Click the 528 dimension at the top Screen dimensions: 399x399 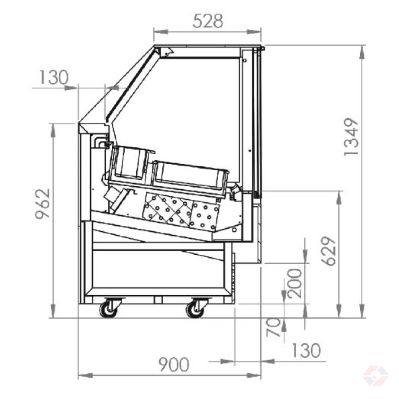pyautogui.click(x=208, y=21)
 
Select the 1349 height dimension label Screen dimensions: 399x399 pyautogui.click(x=351, y=137)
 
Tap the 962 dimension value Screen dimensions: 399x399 pyautogui.click(x=43, y=204)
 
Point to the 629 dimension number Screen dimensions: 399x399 pyautogui.click(x=329, y=251)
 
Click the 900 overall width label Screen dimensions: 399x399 pyautogui.click(x=174, y=364)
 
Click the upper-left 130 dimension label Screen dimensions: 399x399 pyautogui.click(x=54, y=77)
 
